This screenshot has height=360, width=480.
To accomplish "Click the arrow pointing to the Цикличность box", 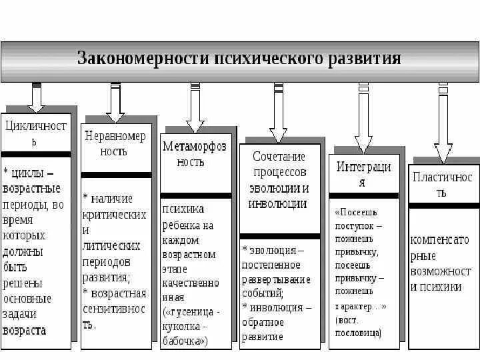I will [36, 97].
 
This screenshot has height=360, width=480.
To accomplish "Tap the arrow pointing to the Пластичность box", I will [443, 124].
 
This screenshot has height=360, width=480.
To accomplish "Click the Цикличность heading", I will [36, 133].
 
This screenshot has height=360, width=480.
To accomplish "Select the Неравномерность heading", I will [115, 143].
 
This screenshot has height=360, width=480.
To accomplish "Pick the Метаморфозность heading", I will [195, 154].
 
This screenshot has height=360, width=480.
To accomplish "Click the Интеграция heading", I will [363, 174].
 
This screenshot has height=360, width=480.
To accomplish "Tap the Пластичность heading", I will [443, 185].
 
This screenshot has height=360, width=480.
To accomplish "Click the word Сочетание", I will [279, 157].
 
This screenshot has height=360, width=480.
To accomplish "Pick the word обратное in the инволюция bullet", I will [263, 323].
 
